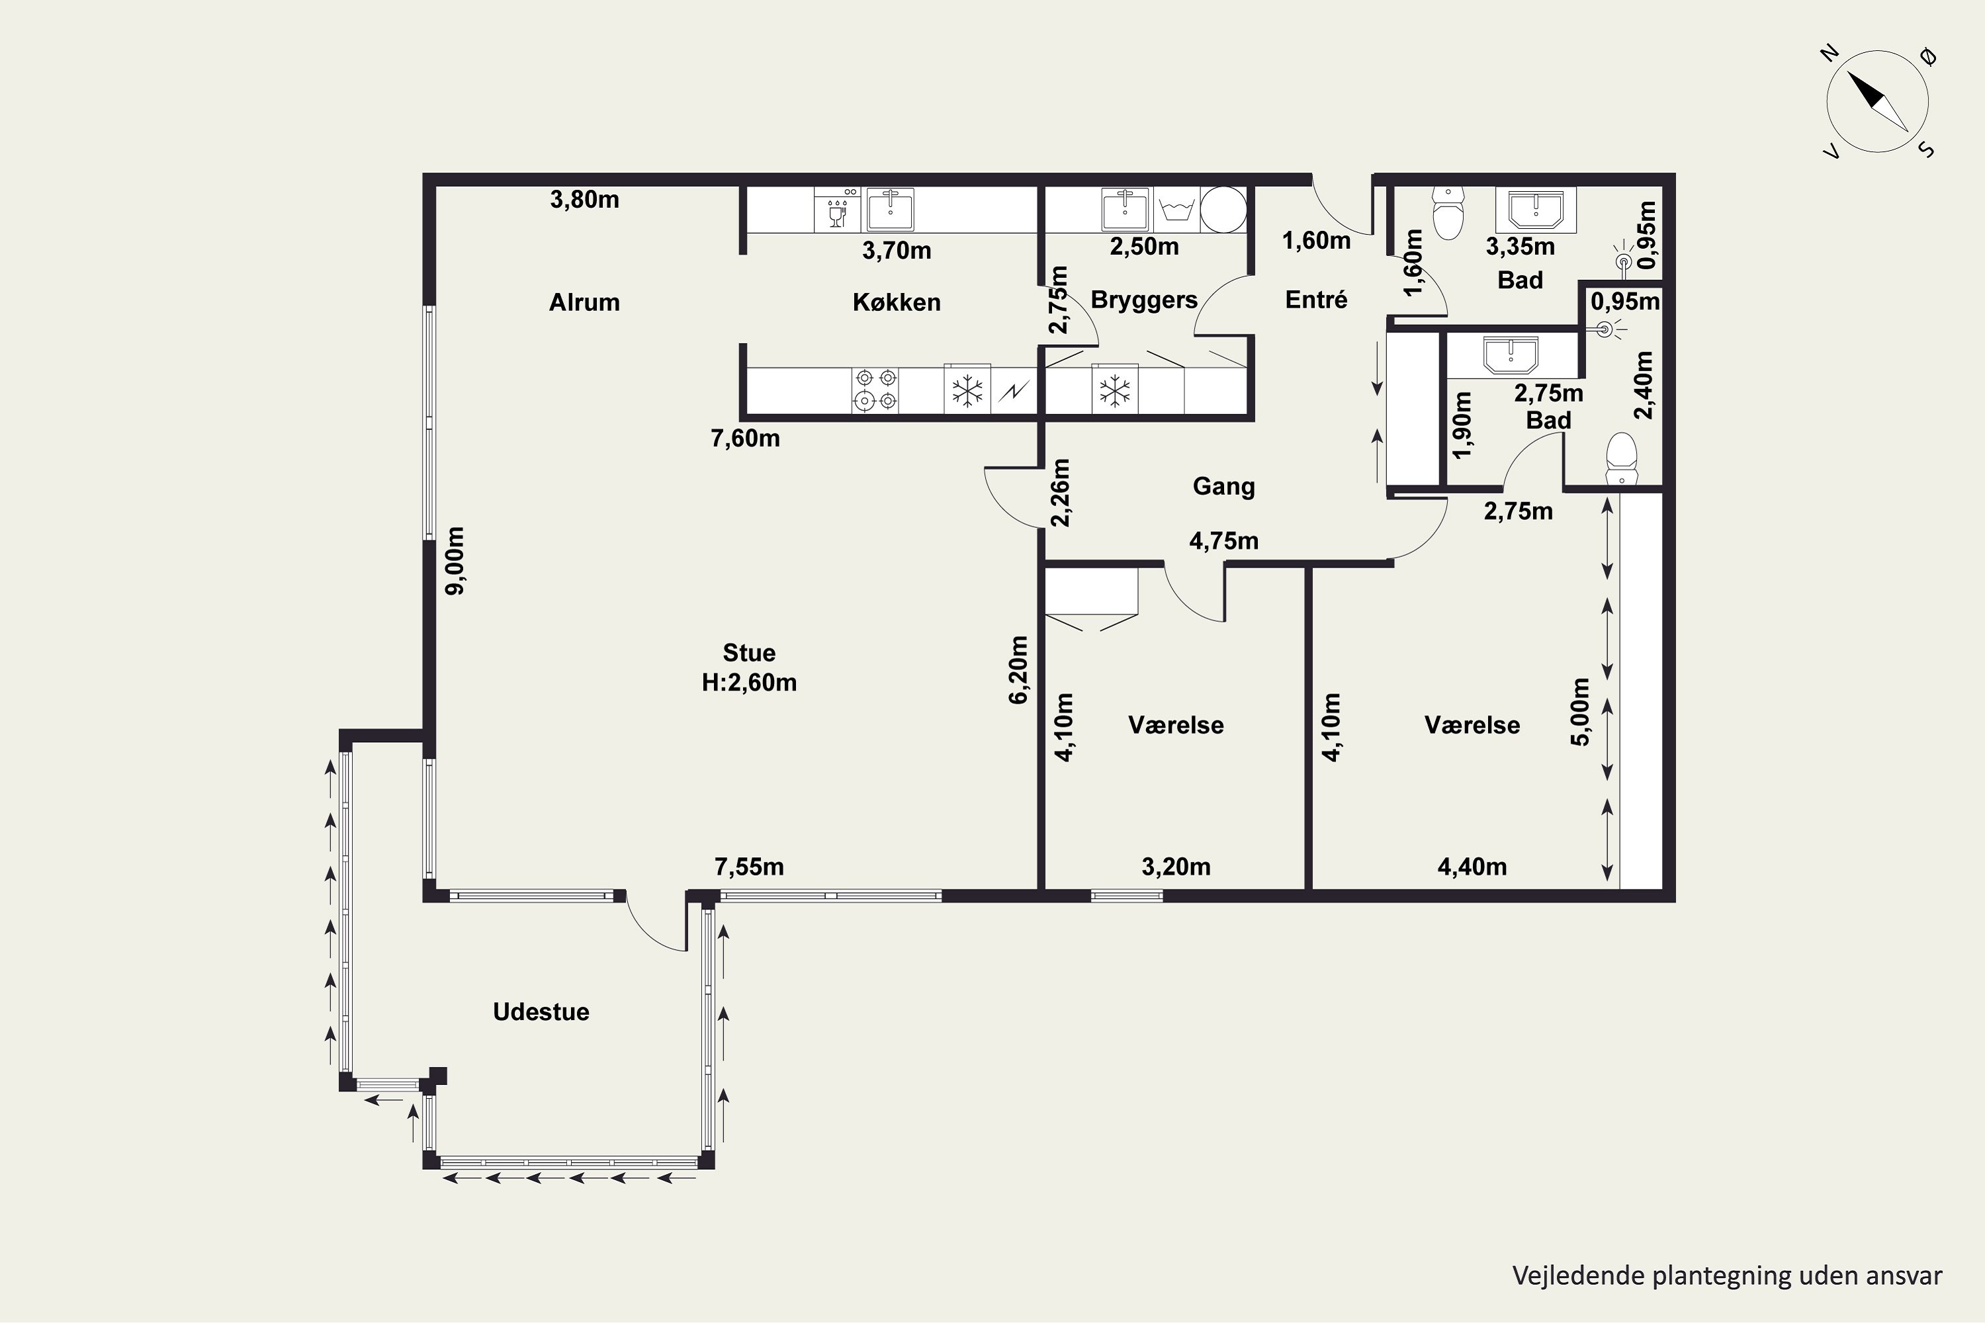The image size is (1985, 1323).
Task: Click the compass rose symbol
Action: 1877,101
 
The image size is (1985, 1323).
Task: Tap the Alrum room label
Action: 584,302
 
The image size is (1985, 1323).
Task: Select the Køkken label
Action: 897,302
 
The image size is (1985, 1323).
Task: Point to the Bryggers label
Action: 1143,300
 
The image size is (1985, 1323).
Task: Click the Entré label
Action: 1316,300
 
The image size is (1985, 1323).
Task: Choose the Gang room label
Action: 1223,486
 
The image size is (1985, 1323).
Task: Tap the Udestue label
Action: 541,1011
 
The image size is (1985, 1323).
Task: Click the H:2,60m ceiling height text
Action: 748,683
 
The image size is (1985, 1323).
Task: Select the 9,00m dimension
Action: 455,560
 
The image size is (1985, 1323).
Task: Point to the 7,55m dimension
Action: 748,867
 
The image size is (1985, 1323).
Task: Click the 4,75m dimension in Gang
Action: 1223,541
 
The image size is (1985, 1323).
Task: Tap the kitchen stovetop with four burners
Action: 875,389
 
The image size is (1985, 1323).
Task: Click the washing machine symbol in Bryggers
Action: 1176,209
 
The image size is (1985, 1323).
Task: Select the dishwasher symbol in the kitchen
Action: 837,209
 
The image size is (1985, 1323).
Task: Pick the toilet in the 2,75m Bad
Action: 1621,460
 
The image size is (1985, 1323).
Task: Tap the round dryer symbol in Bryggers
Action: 1223,209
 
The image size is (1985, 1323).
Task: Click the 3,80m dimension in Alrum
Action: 584,200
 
